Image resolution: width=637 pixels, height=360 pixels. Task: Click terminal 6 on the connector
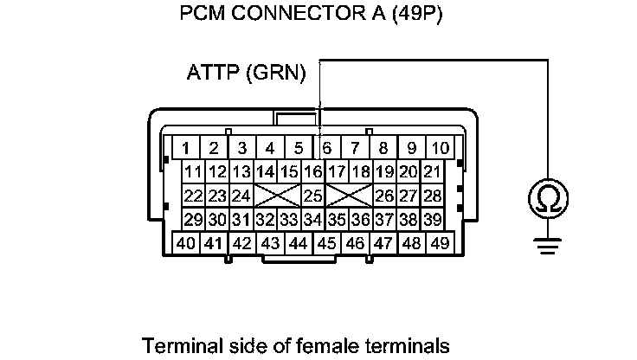326,147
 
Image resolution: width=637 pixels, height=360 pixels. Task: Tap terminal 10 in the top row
441,147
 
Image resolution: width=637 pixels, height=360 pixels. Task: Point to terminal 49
440,243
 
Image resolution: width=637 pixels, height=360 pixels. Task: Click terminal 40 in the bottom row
185,243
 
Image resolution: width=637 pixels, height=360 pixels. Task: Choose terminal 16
313,171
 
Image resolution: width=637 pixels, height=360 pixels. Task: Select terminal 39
432,219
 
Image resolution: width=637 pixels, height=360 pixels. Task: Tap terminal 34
313,219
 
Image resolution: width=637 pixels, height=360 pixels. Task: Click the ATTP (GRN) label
246,74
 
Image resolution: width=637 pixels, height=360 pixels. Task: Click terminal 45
326,243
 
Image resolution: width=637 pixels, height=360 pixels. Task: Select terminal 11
193,171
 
